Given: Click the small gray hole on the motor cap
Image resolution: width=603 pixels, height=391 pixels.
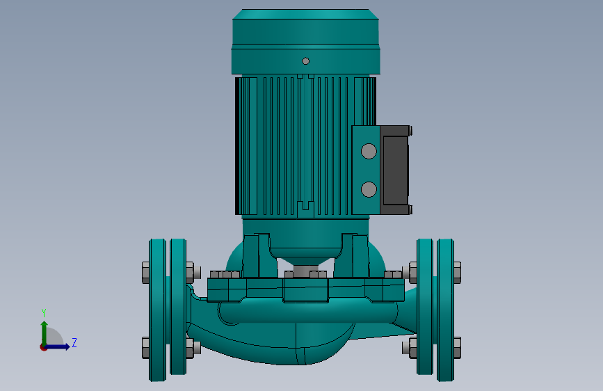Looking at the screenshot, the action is pos(306,61).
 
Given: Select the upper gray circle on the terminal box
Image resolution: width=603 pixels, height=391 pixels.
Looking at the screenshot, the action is pos(369,151).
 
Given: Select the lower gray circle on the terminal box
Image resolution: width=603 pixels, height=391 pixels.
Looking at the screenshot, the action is pos(369,189).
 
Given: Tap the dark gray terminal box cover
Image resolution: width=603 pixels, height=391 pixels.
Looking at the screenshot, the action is pos(395,170).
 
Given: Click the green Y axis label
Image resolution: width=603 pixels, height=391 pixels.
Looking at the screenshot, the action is pos(44,313).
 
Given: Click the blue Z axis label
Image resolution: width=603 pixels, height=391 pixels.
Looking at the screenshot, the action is pos(74,342).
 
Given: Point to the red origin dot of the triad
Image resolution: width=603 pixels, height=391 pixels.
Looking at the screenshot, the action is pos(43,347).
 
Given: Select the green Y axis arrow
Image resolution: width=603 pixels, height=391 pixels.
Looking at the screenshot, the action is pos(45,333).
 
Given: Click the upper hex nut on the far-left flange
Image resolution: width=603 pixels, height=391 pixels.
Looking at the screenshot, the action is pos(146,273).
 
